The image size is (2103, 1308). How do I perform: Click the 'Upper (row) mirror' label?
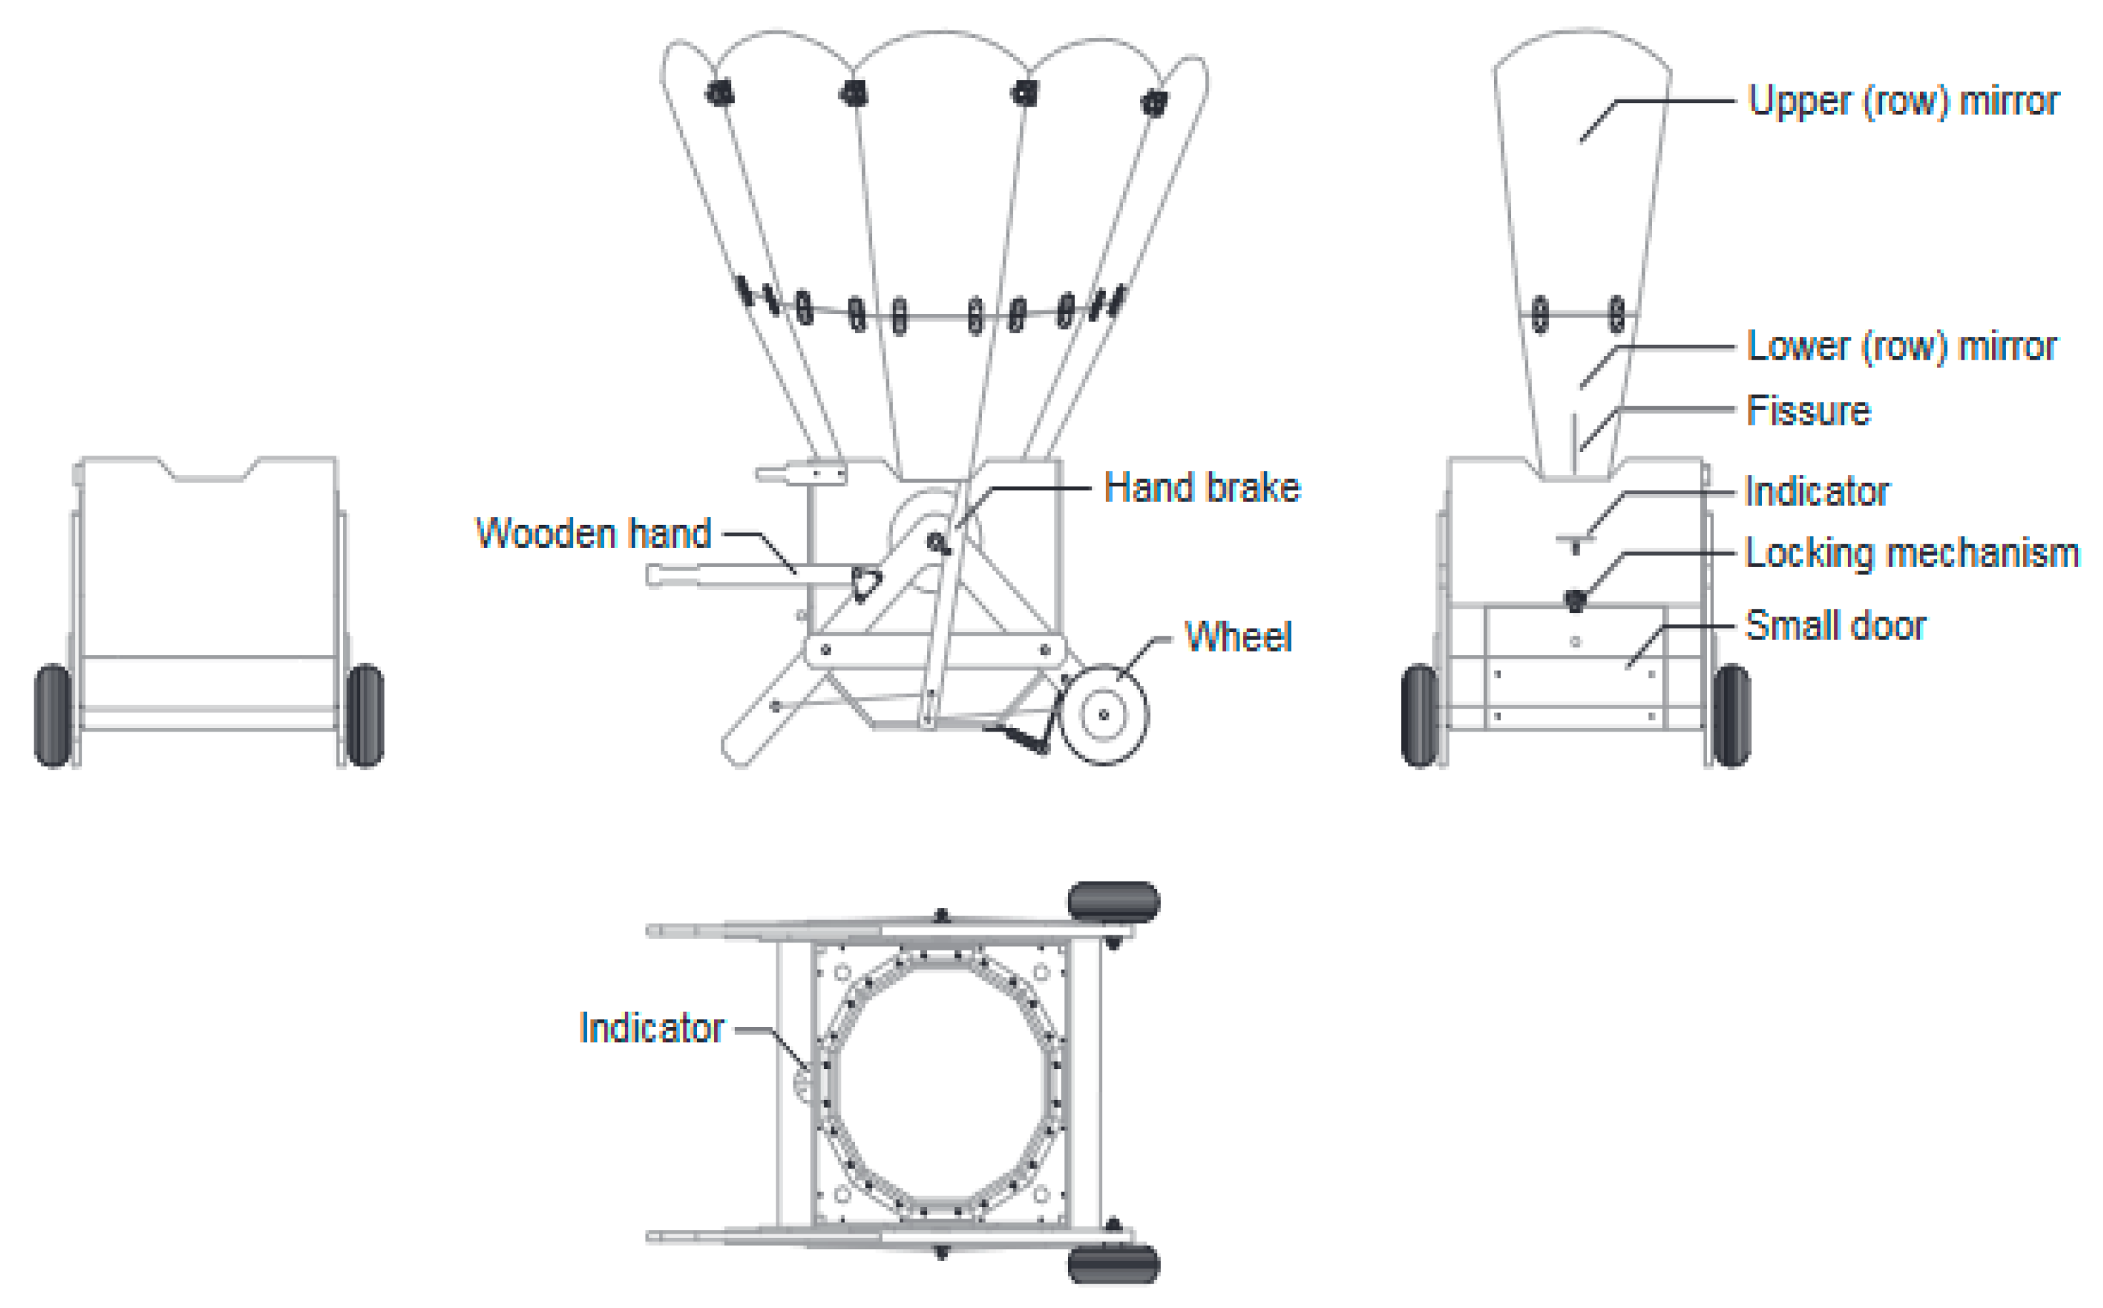[1902, 102]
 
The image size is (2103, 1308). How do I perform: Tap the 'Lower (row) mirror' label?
[1901, 346]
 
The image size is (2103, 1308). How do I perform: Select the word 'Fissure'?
[1807, 410]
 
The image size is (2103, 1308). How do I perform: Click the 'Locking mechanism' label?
[1911, 553]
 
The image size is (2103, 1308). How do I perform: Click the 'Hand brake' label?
[1201, 488]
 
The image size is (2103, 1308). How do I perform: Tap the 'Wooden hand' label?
[593, 533]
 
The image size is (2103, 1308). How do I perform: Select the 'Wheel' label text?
[1237, 638]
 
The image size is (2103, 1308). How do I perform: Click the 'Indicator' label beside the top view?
[651, 1028]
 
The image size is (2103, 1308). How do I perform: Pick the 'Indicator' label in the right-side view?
[1816, 491]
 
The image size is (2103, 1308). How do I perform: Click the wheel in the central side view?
[1104, 714]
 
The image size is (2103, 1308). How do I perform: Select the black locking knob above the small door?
[1575, 599]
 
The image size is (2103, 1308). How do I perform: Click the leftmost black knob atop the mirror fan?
[719, 92]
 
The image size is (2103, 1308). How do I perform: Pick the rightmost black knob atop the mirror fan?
[1154, 103]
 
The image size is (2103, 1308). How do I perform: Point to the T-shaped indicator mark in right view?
[1575, 542]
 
